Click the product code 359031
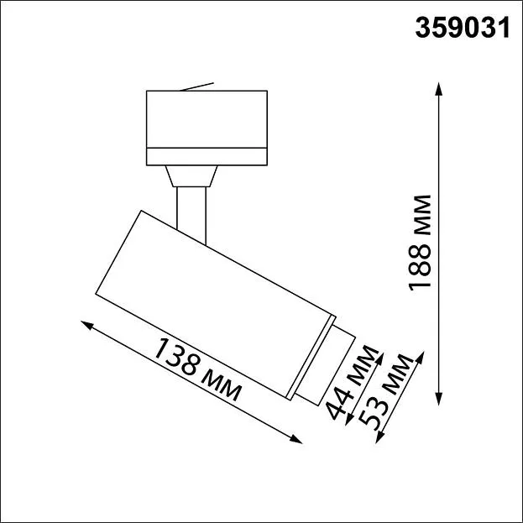click(x=463, y=28)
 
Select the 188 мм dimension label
click(x=420, y=243)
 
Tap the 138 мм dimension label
click(x=197, y=369)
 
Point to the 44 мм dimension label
click(x=353, y=382)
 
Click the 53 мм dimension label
click(x=386, y=393)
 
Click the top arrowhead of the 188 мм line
click(x=439, y=89)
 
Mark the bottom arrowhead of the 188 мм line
click(x=439, y=398)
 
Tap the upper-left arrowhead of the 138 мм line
click(x=87, y=325)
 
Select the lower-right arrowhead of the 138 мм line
click(x=295, y=439)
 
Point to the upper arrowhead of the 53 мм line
click(x=421, y=358)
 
